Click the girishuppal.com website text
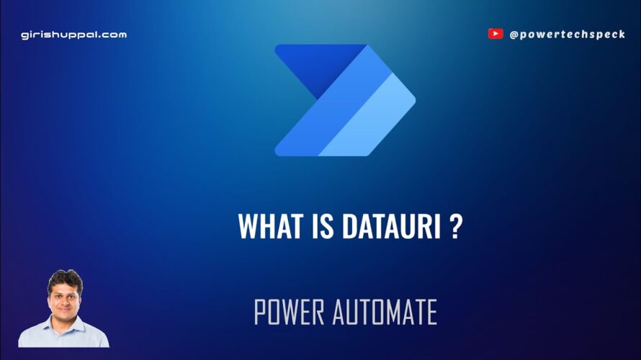click(x=74, y=35)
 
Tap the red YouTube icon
click(x=496, y=34)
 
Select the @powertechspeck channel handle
click(x=568, y=35)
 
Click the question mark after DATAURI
click(x=456, y=225)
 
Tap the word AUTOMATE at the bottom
click(x=385, y=312)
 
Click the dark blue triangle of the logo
click(x=317, y=66)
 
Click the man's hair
click(x=66, y=279)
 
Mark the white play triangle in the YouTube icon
click(x=496, y=34)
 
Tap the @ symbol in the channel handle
click(x=514, y=35)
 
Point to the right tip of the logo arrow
click(x=416, y=100)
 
